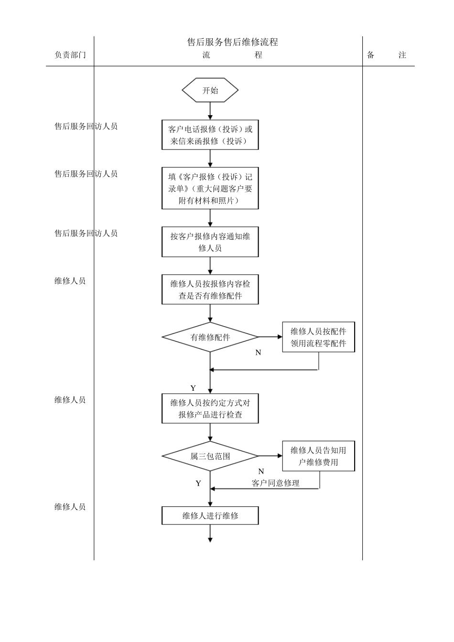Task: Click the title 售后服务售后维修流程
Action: [x=232, y=42]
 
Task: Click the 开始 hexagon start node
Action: [x=210, y=90]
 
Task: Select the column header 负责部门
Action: [x=70, y=55]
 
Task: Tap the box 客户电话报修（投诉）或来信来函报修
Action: [x=210, y=135]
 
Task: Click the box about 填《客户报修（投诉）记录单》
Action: [x=210, y=188]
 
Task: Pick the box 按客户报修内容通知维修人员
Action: [x=210, y=242]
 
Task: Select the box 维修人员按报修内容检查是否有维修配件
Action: [x=210, y=289]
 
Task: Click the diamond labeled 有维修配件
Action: [x=210, y=337]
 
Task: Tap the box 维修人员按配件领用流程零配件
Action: [x=318, y=337]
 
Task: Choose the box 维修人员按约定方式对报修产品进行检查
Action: [x=210, y=408]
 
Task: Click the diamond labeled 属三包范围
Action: [x=210, y=456]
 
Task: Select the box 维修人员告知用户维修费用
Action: [x=318, y=456]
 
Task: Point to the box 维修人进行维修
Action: [x=210, y=515]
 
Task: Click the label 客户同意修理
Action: [x=275, y=483]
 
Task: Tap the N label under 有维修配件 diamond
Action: [x=258, y=353]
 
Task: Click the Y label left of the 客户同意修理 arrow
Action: [x=198, y=483]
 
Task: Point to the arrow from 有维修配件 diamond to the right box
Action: [x=270, y=337]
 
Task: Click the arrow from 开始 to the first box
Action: [x=210, y=111]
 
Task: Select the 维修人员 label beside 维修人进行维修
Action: [x=70, y=507]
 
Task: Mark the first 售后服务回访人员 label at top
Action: [x=86, y=126]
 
